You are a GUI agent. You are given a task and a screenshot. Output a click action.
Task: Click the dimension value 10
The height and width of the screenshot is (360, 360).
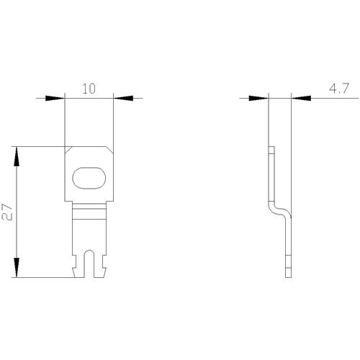pos(89,89)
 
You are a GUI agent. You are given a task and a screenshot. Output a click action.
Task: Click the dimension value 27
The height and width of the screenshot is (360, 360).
pos(7,212)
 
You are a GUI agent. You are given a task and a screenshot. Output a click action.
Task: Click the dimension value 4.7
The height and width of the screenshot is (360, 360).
pos(339,89)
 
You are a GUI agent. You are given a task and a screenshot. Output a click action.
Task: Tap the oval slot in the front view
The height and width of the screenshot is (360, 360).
pos(89,178)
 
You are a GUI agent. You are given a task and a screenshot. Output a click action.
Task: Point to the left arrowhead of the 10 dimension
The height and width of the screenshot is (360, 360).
pos(55,98)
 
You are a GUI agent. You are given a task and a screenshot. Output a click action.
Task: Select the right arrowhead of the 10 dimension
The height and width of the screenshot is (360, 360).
pos(123,98)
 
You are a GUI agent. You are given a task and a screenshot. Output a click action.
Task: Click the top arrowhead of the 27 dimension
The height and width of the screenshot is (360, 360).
pos(17,156)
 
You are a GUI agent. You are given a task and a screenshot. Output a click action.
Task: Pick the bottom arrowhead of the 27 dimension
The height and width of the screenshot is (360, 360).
pos(17,268)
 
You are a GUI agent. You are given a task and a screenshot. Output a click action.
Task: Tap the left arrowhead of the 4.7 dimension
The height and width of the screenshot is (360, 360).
pos(258,98)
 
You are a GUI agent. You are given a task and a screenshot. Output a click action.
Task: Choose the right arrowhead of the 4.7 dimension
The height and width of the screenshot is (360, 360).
pos(301,98)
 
